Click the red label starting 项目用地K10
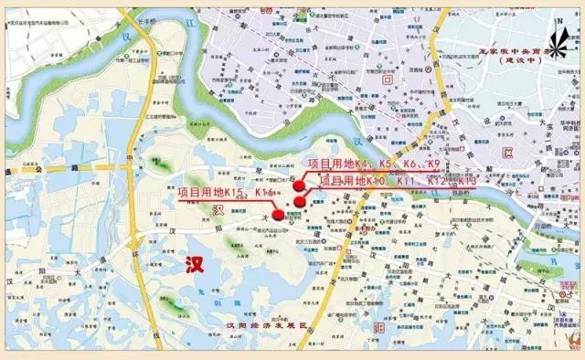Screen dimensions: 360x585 point(397,181)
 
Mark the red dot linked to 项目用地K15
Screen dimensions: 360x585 point(278,215)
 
